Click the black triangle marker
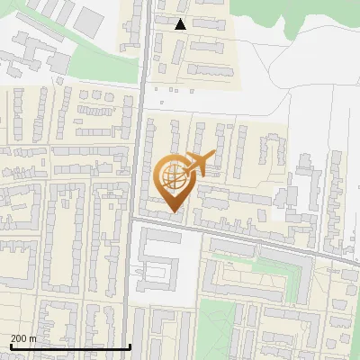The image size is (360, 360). pyautogui.click(x=180, y=24)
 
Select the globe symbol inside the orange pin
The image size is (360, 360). pyautogui.click(x=173, y=176)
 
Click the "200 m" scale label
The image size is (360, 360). pyautogui.click(x=23, y=338)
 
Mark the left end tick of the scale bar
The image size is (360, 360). pyautogui.click(x=9, y=346)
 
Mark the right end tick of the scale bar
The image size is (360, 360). pyautogui.click(x=130, y=346)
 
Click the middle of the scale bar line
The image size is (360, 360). pyautogui.click(x=70, y=346)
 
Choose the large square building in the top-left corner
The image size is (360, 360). pyautogui.click(x=88, y=20)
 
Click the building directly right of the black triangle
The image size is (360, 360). pyautogui.click(x=209, y=24)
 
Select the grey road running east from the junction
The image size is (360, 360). pyautogui.click(x=252, y=238)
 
